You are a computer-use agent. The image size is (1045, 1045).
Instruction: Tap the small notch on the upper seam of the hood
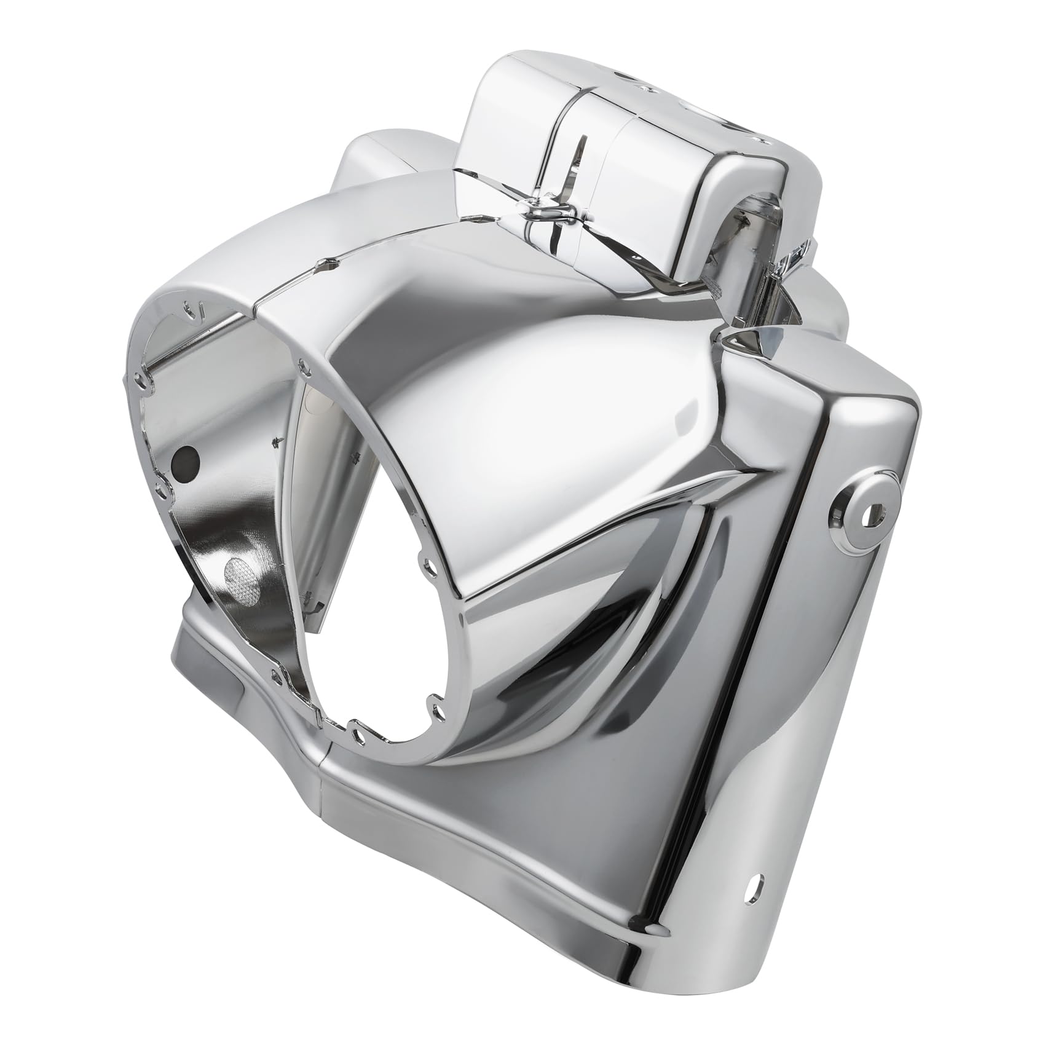[326, 263]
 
